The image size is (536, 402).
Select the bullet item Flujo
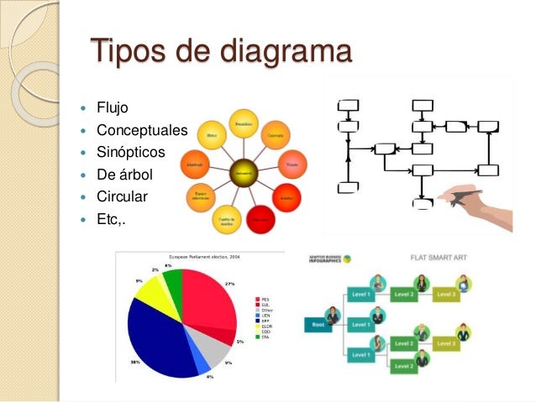point(113,108)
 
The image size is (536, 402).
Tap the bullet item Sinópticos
point(131,154)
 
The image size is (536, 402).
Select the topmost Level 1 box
point(362,294)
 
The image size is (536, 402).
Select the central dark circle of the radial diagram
point(243,172)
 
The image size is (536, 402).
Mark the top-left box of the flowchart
point(347,106)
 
